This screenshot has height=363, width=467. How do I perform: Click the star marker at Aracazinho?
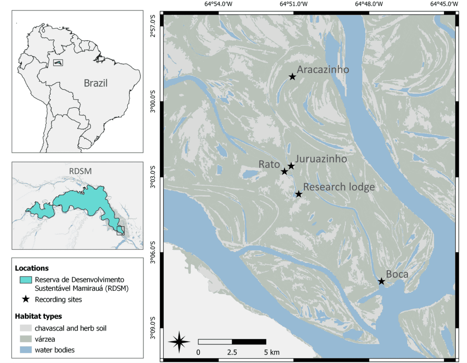292,77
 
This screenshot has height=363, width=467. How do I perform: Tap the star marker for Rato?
284,171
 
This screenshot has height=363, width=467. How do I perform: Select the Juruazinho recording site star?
291,166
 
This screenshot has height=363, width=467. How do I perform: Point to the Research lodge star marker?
299,194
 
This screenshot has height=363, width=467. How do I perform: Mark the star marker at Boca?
381,281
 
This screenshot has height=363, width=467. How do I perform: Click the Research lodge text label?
339,187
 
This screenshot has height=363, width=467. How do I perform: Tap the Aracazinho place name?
323,69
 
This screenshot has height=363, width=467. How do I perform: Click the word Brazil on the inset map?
95,83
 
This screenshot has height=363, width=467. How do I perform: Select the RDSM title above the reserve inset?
80,171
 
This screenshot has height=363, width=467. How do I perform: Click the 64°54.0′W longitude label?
218,4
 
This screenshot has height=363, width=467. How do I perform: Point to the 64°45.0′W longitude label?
444,4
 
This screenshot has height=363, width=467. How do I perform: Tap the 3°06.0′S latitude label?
153,252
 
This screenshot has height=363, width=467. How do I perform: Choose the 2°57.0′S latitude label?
153,26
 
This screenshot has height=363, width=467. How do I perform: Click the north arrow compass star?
179,342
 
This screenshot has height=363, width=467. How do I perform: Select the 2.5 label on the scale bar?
232,352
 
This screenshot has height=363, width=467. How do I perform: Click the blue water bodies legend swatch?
26,350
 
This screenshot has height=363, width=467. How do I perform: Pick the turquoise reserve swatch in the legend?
26,280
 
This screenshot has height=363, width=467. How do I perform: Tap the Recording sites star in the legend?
26,299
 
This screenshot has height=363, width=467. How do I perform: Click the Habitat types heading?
38,316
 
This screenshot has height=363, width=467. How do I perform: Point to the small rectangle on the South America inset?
58,63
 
